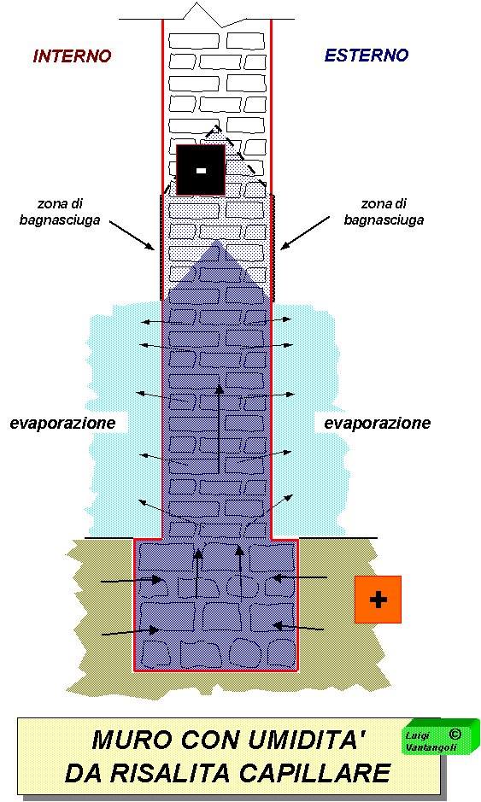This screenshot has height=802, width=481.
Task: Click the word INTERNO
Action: (x=72, y=56)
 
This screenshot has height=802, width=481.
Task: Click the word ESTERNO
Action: (x=367, y=56)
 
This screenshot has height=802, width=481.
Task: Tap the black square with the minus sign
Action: (x=201, y=170)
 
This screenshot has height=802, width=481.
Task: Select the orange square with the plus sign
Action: (x=378, y=600)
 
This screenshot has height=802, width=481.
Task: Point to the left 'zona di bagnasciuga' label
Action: (x=60, y=213)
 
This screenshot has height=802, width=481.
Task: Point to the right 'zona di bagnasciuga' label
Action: (x=384, y=212)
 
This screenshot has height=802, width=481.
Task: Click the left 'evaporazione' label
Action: (x=62, y=424)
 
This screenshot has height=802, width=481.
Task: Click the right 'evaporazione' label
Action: (x=377, y=424)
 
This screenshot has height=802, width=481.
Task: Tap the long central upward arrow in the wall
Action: (x=219, y=429)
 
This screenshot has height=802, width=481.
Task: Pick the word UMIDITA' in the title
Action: (x=307, y=740)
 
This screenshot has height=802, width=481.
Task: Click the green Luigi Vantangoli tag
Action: (x=441, y=736)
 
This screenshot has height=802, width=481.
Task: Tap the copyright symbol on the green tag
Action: (x=455, y=734)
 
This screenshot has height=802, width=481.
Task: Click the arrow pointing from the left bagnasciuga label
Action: (x=132, y=235)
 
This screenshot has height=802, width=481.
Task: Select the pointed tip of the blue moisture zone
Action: (x=217, y=240)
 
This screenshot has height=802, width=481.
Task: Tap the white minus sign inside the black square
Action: (x=201, y=170)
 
